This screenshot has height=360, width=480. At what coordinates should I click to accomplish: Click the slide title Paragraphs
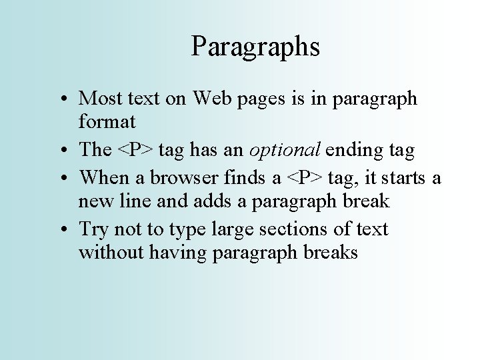255,47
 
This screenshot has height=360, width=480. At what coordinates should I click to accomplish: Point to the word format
107,123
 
